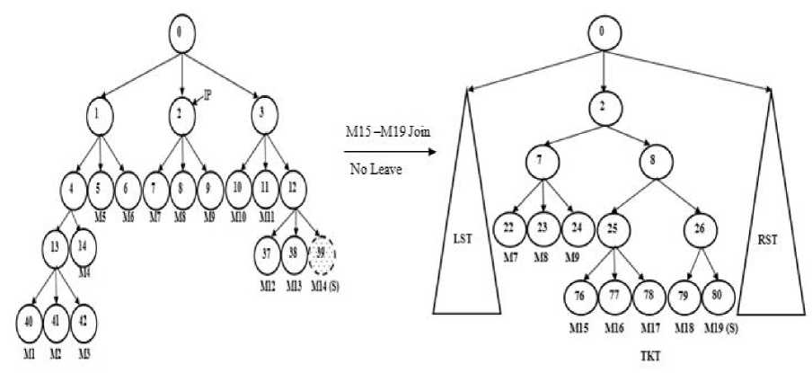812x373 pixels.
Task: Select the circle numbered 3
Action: point(261,114)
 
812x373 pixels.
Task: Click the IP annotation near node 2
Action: point(207,93)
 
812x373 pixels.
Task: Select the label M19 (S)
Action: point(721,327)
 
